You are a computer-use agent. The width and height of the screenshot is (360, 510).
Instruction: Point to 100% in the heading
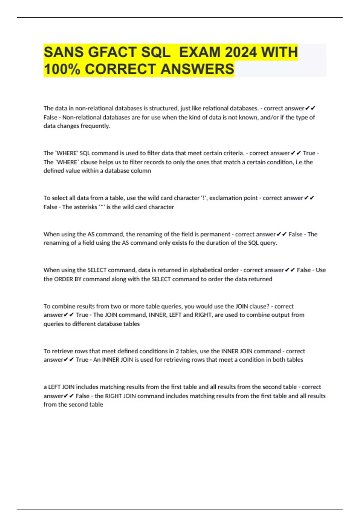tap(62, 69)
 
